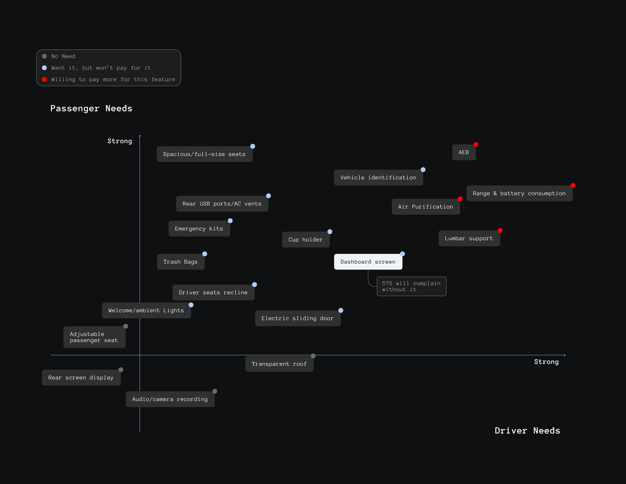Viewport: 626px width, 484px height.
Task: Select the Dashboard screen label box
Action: tap(368, 262)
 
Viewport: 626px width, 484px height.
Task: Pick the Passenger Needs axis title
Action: tap(91, 108)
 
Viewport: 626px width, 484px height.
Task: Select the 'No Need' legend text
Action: tap(63, 56)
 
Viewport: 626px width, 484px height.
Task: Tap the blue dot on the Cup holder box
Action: tap(330, 232)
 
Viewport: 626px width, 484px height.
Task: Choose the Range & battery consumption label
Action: tap(519, 193)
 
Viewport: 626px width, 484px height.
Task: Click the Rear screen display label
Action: tap(81, 378)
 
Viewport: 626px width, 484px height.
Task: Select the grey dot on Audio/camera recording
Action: tap(215, 391)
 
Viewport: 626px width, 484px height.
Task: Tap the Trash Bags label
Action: tap(181, 262)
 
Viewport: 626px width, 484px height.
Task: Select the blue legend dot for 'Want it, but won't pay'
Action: tap(44, 68)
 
